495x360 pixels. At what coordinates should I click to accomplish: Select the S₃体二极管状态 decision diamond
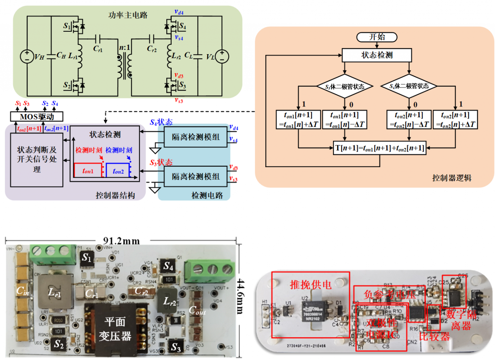pos(344,86)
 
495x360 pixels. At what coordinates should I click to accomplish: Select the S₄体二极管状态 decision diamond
pos(409,86)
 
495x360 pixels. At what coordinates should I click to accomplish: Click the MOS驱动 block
pos(36,116)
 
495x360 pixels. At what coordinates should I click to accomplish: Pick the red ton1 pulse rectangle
pos(88,170)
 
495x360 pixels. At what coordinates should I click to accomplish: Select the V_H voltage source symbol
pos(26,57)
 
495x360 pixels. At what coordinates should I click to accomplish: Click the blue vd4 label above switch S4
pos(179,12)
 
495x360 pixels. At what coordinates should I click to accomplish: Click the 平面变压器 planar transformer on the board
pos(116,328)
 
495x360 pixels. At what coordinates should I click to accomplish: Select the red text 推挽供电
pos(311,285)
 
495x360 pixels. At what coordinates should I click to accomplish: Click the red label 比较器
pos(435,336)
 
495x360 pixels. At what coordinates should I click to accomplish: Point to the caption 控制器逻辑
pos(451,178)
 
